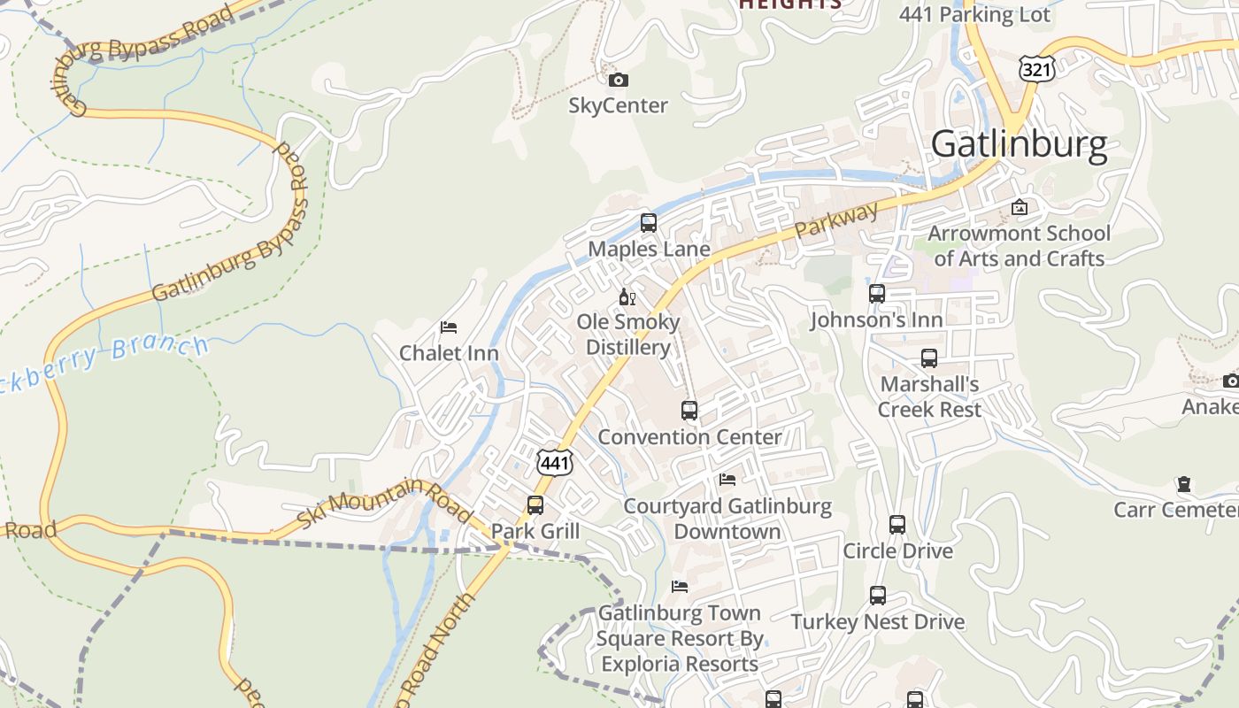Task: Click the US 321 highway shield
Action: pyautogui.click(x=1035, y=69)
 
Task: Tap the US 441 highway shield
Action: pyautogui.click(x=555, y=462)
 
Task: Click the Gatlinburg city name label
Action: pyautogui.click(x=1019, y=143)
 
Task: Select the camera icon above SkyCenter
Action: pyautogui.click(x=619, y=81)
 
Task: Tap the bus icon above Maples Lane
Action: pyautogui.click(x=649, y=223)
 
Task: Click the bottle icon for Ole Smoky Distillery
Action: pyautogui.click(x=627, y=296)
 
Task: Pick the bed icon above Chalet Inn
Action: pyautogui.click(x=449, y=327)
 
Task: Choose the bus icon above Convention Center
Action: pyautogui.click(x=689, y=411)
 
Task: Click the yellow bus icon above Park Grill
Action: pyautogui.click(x=535, y=505)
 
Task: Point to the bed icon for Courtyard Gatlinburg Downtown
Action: pyautogui.click(x=727, y=480)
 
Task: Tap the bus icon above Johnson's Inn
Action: pyautogui.click(x=877, y=294)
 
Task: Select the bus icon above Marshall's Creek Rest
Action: pyautogui.click(x=929, y=358)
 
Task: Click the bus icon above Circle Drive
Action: pyautogui.click(x=897, y=525)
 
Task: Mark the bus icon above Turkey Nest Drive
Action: pyautogui.click(x=878, y=596)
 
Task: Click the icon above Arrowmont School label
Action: pyautogui.click(x=1020, y=208)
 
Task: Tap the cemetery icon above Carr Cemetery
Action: pyautogui.click(x=1183, y=484)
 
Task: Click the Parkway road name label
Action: pyautogui.click(x=837, y=220)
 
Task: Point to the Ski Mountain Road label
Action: pyautogui.click(x=384, y=503)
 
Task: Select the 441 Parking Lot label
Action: pyautogui.click(x=974, y=14)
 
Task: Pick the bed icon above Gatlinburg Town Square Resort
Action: pyautogui.click(x=680, y=586)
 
